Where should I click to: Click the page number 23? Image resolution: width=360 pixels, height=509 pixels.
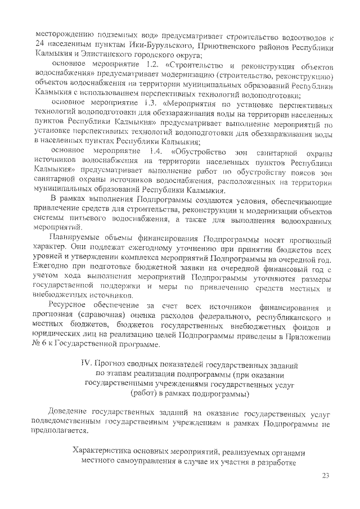pyautogui.click(x=325, y=476)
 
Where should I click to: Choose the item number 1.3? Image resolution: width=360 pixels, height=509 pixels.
pyautogui.click(x=151, y=103)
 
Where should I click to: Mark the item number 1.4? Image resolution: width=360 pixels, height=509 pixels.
pyautogui.click(x=155, y=151)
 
